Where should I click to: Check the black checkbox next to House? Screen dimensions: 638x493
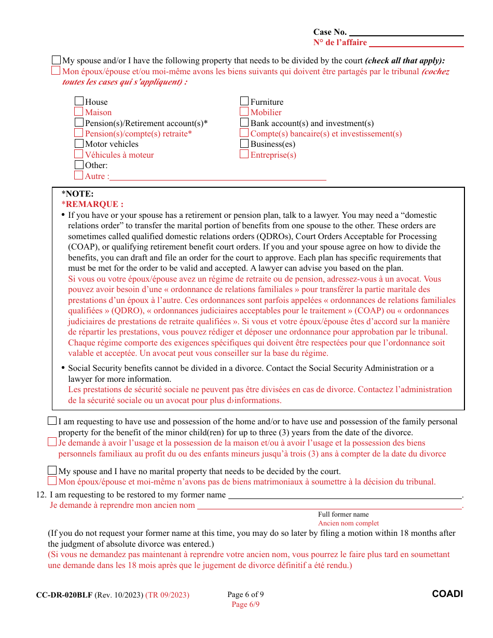coord(79,102)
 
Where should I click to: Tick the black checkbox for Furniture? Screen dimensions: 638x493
coord(244,102)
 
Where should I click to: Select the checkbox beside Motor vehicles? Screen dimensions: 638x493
coord(79,144)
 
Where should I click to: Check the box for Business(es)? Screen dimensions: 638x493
coord(244,144)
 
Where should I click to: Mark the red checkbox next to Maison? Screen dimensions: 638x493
coord(79,112)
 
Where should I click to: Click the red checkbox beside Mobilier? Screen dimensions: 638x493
coord(244,112)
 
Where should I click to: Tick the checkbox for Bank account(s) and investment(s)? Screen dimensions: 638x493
coord(244,123)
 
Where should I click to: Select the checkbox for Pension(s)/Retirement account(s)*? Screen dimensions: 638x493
coord(79,123)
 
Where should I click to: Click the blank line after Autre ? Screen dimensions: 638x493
coord(218,176)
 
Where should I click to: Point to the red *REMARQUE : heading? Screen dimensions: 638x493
coord(92,204)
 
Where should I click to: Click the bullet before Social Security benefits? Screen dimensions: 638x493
coord(63,368)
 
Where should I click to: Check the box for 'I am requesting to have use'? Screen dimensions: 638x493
coord(52,421)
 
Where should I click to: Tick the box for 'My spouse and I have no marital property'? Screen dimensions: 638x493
coord(52,470)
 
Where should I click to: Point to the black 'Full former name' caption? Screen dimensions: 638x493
coord(343,515)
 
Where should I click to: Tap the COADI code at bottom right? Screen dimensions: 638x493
coord(447,594)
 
